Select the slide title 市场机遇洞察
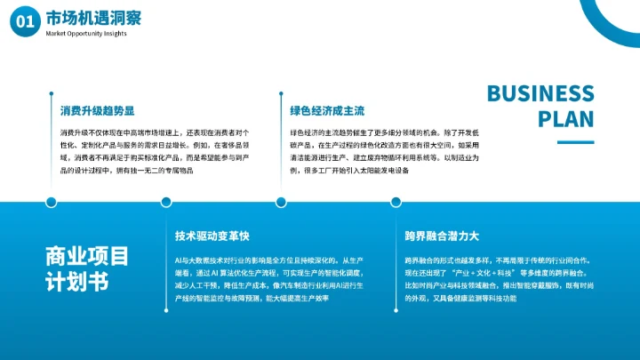pos(93,18)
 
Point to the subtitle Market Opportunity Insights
pos(87,34)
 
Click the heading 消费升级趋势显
pos(97,111)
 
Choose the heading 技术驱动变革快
pos(212,236)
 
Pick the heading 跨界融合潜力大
pos(442,236)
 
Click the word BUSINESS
pos(540,94)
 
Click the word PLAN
pos(566,120)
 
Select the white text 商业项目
pos(87,256)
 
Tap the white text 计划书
pos(76,283)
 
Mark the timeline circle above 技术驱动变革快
pos(166,202)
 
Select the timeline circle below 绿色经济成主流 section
pos(280,202)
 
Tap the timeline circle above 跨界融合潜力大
pos(395,202)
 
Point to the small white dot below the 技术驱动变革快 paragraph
pos(166,312)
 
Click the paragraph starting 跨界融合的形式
pos(497,279)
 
